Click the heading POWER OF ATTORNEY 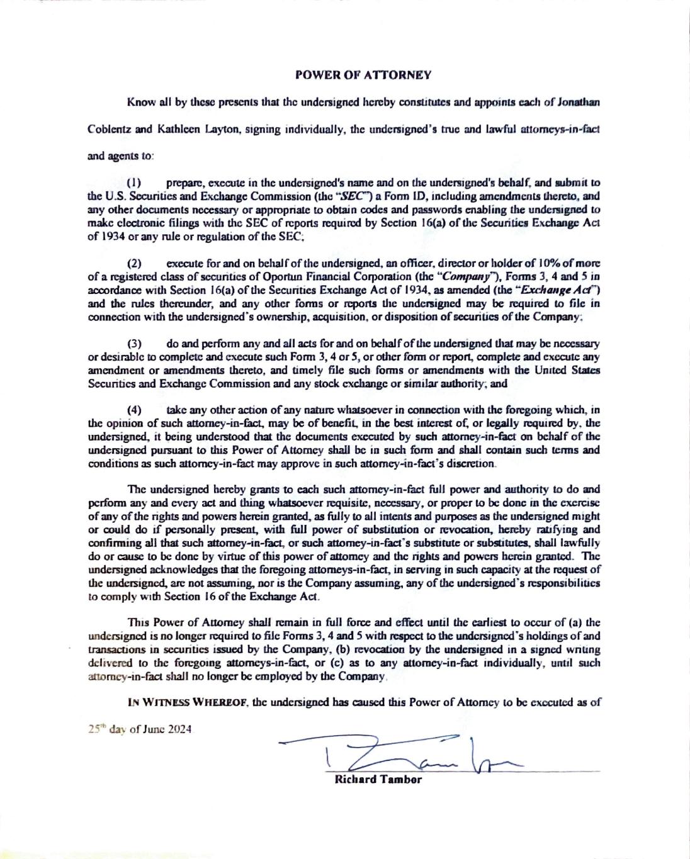[x=363, y=75]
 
